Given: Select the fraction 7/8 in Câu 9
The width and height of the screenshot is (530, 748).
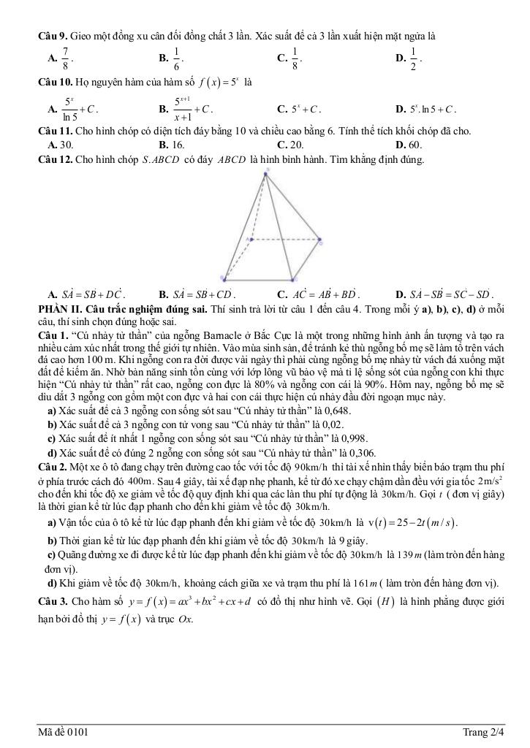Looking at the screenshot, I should [x=66, y=58].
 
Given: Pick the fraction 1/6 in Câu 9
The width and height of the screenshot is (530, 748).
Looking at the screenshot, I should [x=176, y=58].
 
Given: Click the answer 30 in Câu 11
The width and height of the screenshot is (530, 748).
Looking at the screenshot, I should [x=67, y=145].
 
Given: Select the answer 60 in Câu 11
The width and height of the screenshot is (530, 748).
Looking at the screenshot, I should [x=414, y=145].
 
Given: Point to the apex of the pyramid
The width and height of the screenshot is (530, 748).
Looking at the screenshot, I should [x=268, y=171].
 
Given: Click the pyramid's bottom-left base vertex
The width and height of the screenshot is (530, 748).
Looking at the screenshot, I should [x=222, y=278].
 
